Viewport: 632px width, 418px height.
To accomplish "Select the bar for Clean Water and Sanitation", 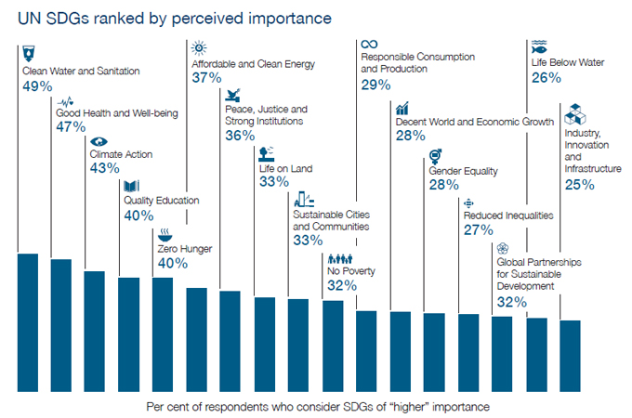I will [x=28, y=321].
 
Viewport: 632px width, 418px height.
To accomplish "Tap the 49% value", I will [x=37, y=85].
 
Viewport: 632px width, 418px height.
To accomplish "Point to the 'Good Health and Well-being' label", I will [x=117, y=113].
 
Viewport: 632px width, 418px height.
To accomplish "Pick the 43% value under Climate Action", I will [x=104, y=168].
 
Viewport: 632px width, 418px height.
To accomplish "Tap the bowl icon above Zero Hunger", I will [x=165, y=233].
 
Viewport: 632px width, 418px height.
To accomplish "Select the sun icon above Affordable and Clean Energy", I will [x=199, y=48].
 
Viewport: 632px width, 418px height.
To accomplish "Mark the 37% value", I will [x=207, y=79].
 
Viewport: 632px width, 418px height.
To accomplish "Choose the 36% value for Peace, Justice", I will [x=240, y=136].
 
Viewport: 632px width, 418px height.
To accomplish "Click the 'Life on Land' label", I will [x=285, y=168].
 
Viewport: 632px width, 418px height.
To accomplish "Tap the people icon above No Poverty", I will [x=340, y=258].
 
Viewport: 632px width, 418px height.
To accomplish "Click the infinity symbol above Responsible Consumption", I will [x=369, y=44].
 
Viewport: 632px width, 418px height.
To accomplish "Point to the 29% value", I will [x=375, y=85].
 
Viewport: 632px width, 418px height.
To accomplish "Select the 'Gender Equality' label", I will [x=463, y=171].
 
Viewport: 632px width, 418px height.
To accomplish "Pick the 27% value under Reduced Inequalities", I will [x=478, y=230].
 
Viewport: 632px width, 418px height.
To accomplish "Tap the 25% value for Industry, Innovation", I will [x=580, y=185].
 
